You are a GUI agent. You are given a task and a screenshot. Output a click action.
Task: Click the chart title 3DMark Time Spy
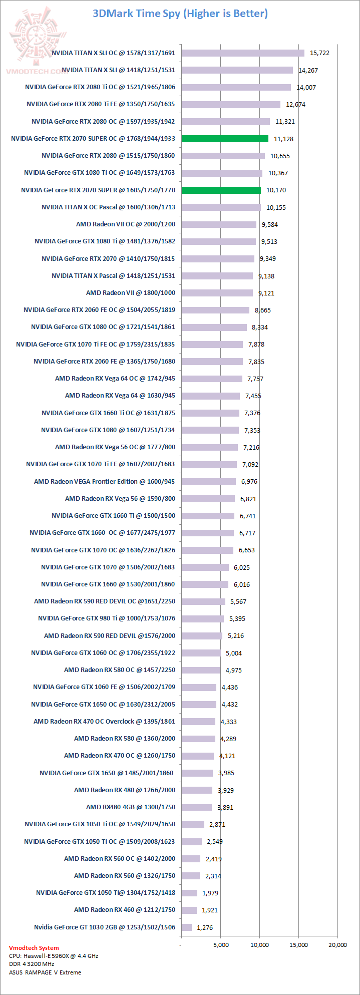pos(180,14)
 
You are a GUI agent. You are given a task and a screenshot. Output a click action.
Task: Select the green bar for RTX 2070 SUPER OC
pos(225,139)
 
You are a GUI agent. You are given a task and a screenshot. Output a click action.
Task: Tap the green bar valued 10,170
pos(221,190)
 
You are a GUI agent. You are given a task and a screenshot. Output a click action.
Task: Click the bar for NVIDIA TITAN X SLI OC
pos(243,53)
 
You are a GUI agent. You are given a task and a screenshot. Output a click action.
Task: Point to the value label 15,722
pos(319,53)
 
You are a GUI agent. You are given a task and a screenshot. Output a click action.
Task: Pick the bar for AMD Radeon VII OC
pos(219,224)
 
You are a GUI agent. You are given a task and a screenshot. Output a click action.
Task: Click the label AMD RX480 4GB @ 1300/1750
pos(131,807)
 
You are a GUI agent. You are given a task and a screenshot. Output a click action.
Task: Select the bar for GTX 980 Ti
pos(202,619)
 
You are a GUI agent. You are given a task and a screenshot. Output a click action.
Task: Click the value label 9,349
pos(267,259)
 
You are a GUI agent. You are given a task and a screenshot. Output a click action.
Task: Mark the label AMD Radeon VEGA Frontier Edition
pos(105,481)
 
